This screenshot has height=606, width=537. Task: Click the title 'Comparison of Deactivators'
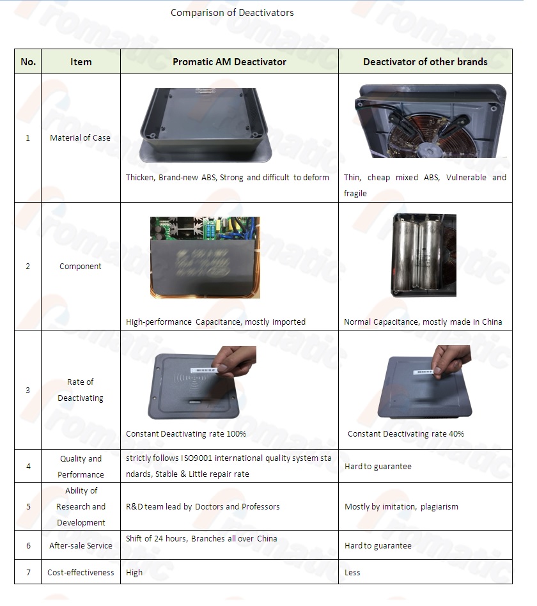coord(232,13)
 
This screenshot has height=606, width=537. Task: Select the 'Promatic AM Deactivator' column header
coord(230,62)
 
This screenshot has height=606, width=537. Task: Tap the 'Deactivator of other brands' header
coord(425,62)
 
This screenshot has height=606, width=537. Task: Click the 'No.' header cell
coord(28,62)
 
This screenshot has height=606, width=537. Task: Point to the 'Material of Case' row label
coord(80,137)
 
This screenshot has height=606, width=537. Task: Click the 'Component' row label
coord(81,267)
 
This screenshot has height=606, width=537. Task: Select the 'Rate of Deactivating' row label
coord(81,390)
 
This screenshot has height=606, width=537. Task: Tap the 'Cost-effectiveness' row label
coord(81,572)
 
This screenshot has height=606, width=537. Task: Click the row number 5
coord(28,506)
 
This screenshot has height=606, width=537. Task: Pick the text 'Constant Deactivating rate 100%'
coord(186,434)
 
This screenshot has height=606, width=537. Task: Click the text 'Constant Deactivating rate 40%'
coord(406,434)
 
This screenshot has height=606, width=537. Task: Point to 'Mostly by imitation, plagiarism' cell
coord(401,507)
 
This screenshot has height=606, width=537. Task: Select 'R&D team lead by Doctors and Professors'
coord(203,507)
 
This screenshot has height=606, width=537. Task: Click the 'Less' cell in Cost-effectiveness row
coord(352,573)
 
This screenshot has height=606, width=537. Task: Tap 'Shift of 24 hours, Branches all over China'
coord(201,539)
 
